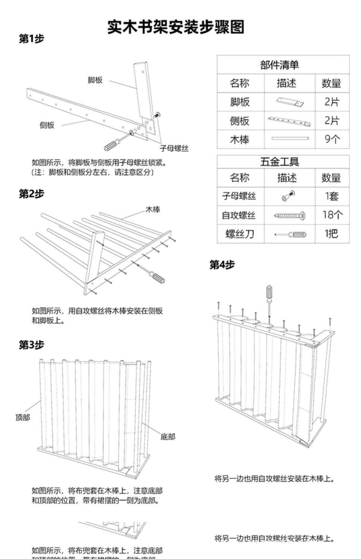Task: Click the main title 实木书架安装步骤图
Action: pos(176,27)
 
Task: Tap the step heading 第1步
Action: pos(32,39)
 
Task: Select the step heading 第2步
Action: pos(32,194)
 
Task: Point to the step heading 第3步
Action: pos(32,345)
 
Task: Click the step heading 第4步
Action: pos(222,265)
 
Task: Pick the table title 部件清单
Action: pos(279,65)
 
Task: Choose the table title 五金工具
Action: pos(279,162)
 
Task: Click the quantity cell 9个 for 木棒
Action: pos(332,139)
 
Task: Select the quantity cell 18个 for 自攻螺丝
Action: pos(332,215)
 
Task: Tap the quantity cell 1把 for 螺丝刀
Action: pos(332,234)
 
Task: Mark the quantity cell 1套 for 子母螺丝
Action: pos(332,196)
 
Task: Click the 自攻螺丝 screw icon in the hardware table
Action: pos(289,215)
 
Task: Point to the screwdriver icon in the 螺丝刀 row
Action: pos(289,234)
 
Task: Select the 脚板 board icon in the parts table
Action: pos(290,101)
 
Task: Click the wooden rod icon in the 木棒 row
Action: pos(290,139)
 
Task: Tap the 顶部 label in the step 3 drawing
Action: pos(23,417)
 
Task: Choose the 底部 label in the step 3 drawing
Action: pos(168,436)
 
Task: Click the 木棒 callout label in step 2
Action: pos(153,210)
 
